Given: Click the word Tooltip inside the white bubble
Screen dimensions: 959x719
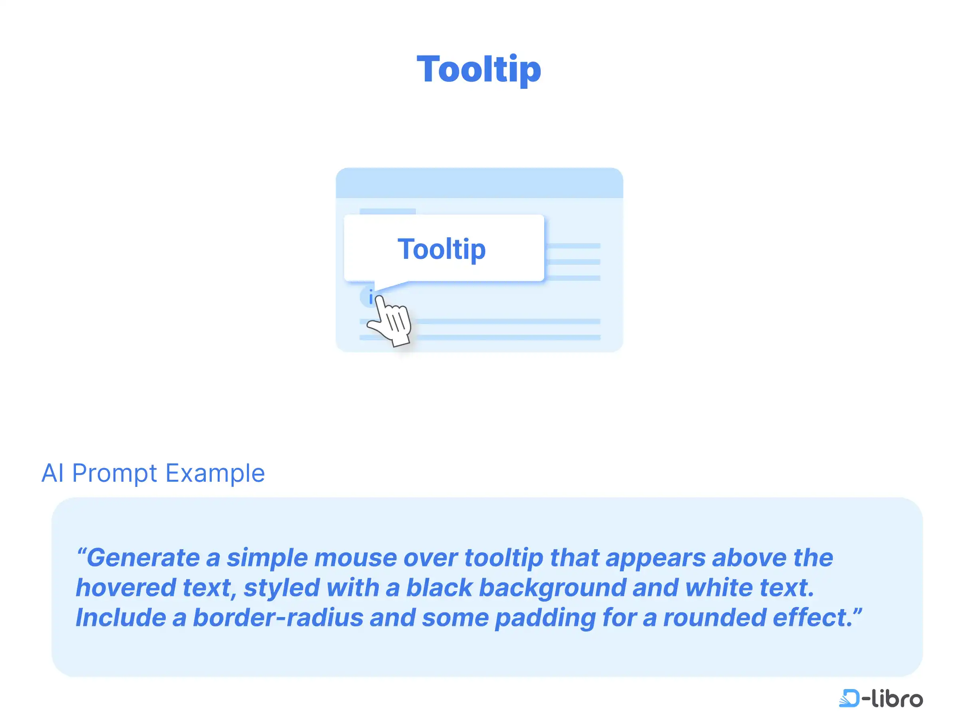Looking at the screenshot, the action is point(442,249).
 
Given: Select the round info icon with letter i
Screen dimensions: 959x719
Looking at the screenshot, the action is point(369,297).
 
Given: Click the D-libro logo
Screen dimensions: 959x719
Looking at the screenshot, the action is point(881,698).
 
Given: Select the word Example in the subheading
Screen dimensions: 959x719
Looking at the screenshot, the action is point(215,473).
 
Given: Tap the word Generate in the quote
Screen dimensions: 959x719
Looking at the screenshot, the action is point(143,557).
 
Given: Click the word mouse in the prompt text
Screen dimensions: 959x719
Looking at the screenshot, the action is point(355,558).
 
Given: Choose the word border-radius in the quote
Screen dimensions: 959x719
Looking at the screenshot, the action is point(278,617).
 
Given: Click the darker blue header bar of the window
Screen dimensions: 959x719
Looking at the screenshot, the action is point(479,183).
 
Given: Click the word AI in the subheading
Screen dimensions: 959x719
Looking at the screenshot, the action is point(52,473).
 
